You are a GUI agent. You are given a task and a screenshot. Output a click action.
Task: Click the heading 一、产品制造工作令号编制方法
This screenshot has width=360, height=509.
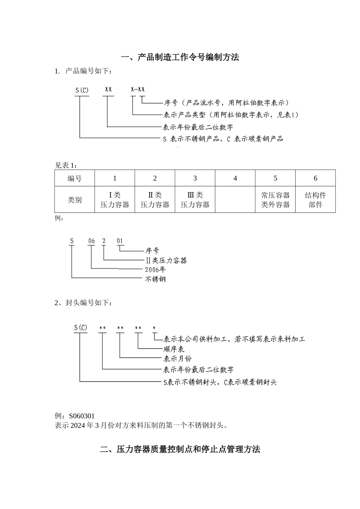(x=180, y=58)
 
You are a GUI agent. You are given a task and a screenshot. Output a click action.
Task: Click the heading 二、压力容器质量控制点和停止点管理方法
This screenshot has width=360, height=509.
(x=180, y=450)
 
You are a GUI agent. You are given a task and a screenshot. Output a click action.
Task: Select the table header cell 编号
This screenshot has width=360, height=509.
(x=75, y=178)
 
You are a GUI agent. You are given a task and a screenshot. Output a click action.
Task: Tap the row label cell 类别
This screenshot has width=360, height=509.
(x=75, y=200)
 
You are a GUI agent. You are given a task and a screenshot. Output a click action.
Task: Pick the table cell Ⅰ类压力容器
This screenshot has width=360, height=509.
(x=115, y=200)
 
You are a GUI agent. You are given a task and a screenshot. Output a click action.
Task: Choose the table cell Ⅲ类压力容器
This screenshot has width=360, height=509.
(x=195, y=200)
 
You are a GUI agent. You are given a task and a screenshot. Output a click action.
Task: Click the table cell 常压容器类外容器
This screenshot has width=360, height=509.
(x=275, y=200)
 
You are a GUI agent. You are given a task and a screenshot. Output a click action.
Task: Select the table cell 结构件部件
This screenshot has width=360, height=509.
(x=315, y=200)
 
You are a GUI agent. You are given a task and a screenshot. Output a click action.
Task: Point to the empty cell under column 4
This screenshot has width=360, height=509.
(x=235, y=200)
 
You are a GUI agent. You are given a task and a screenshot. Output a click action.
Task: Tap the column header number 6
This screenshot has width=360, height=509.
(x=315, y=178)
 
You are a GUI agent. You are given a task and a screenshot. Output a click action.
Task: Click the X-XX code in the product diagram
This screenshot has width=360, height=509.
(x=138, y=89)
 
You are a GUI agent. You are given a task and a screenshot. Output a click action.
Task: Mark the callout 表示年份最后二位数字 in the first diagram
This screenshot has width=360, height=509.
(x=198, y=127)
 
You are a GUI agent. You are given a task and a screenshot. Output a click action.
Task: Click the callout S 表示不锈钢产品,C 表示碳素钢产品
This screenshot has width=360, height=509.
(x=223, y=139)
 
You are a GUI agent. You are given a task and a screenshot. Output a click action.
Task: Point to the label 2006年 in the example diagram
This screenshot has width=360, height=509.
(x=155, y=270)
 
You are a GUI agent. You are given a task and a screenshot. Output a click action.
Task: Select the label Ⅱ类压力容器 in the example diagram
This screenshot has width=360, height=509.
(x=166, y=260)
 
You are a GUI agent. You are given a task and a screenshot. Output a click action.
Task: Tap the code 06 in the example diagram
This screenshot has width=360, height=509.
(x=91, y=241)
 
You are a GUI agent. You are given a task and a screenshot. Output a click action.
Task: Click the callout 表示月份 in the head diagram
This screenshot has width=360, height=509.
(x=177, y=358)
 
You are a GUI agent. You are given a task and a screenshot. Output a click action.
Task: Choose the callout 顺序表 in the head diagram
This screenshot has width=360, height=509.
(x=174, y=349)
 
